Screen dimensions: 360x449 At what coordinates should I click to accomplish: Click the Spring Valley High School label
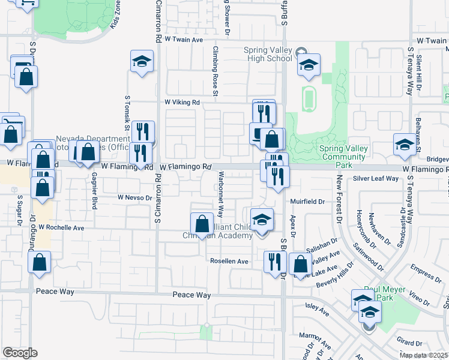tap(268, 54)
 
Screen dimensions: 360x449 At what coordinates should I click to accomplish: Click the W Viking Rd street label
tap(182, 103)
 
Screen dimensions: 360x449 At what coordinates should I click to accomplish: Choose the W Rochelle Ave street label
tap(61, 228)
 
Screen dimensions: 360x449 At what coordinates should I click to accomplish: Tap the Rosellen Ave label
tap(229, 262)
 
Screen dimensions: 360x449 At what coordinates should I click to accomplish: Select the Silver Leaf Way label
tap(375, 178)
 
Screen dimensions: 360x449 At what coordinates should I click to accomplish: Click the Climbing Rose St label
tap(214, 66)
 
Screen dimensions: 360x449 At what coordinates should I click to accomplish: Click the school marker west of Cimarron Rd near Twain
tap(142, 61)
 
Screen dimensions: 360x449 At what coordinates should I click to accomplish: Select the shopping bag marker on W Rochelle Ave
tap(202, 223)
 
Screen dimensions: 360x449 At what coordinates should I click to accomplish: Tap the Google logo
tap(20, 353)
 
